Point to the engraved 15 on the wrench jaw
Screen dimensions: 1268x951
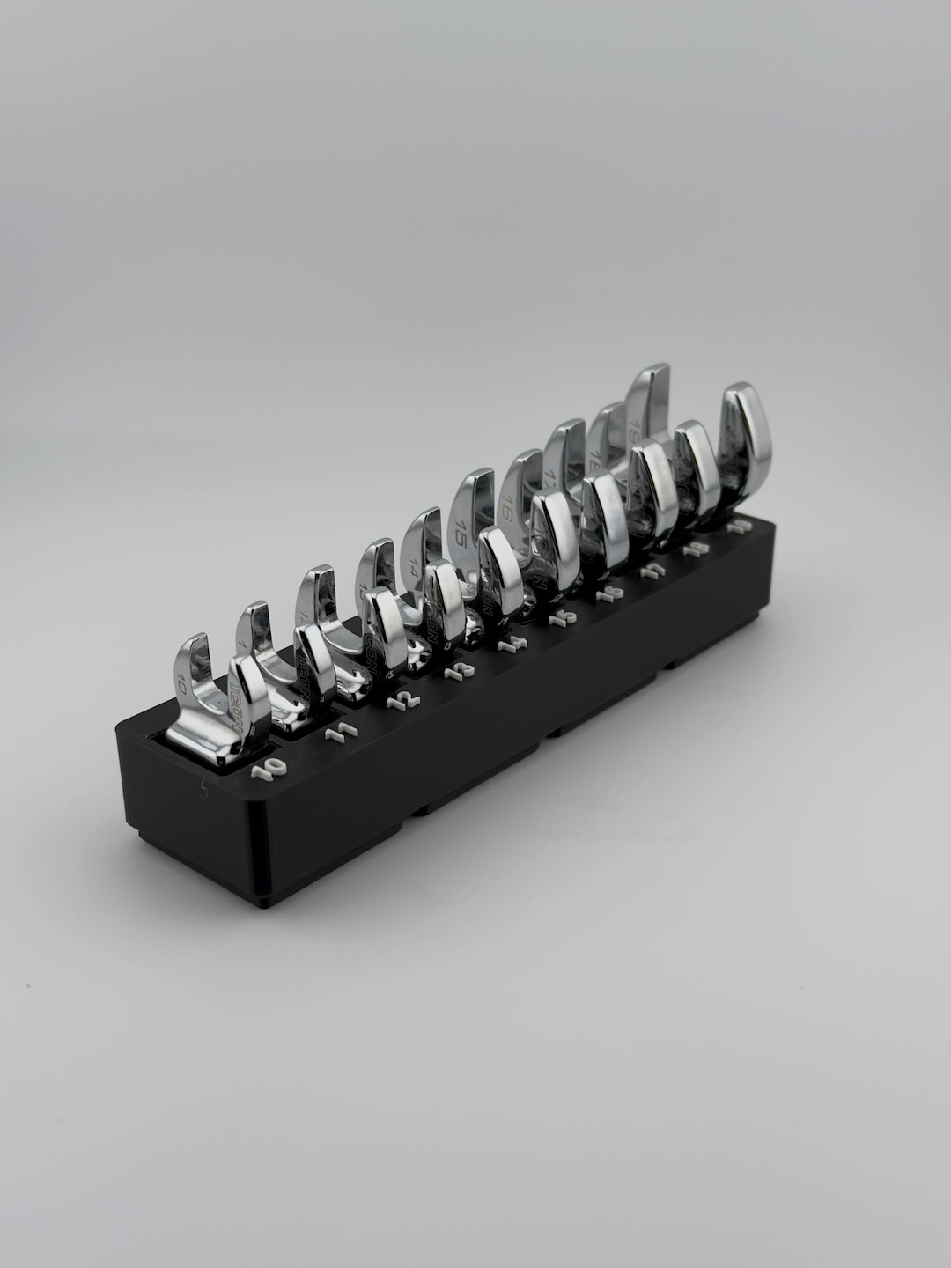pos(459,532)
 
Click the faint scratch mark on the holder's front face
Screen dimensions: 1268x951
pos(204,790)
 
